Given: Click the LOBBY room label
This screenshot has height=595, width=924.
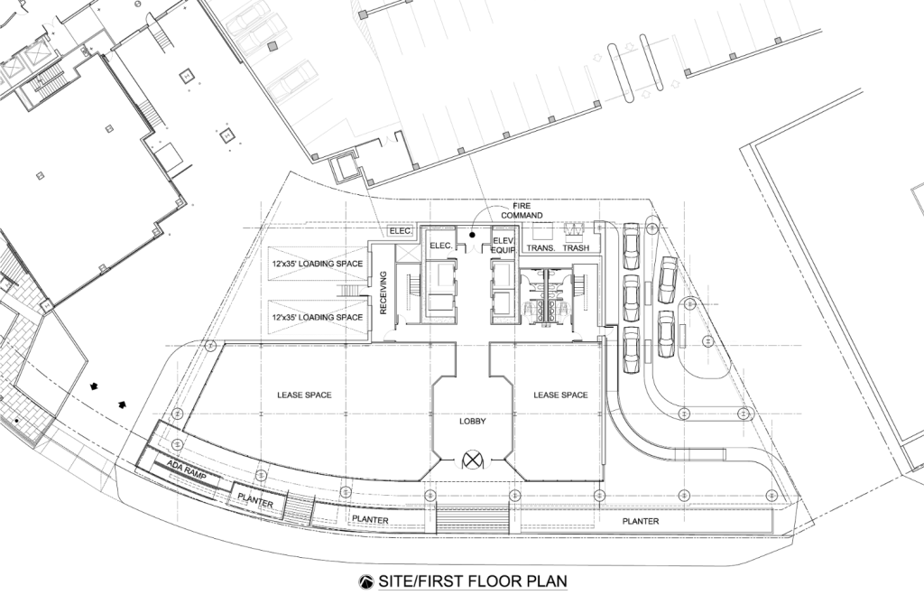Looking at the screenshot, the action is click(x=473, y=422).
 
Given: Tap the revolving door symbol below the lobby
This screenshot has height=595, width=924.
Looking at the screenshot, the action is click(x=472, y=459).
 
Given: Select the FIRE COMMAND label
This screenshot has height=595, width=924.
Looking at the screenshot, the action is click(x=522, y=211).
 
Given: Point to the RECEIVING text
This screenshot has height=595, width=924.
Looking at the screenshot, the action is click(x=383, y=293).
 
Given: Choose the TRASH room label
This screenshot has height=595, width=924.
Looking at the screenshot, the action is click(x=576, y=247).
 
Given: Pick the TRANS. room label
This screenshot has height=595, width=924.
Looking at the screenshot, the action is click(x=541, y=247).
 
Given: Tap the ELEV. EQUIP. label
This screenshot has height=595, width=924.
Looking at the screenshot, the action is click(x=504, y=245).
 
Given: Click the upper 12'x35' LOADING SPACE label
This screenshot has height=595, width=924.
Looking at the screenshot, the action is click(x=317, y=264).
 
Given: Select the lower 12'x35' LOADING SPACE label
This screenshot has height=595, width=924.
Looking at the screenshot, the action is click(x=317, y=317).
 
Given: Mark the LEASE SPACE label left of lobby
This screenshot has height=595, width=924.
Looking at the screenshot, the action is click(x=305, y=395).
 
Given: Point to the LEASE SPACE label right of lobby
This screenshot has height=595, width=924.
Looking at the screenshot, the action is click(x=561, y=395).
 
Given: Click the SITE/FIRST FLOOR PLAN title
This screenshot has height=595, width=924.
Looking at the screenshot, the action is click(x=473, y=581).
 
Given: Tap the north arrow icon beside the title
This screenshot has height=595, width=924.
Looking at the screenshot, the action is click(x=366, y=582).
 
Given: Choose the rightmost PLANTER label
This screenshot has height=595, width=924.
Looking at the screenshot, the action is click(x=641, y=521).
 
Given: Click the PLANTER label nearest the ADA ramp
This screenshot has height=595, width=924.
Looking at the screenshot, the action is click(x=255, y=500).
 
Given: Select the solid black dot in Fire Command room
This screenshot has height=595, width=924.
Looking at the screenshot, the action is click(x=472, y=235).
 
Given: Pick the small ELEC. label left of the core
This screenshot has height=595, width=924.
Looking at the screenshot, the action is click(x=401, y=232).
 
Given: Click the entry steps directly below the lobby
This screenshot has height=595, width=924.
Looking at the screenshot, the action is click(x=473, y=521).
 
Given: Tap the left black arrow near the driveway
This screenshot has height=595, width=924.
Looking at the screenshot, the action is click(x=94, y=386).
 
